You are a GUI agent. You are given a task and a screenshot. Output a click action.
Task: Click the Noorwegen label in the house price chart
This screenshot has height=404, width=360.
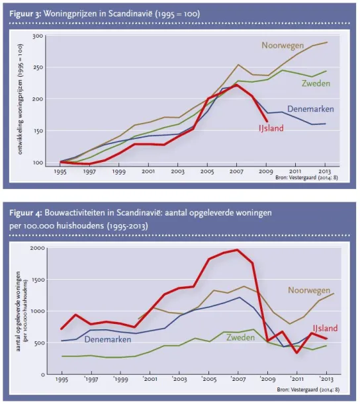click(x=283, y=46)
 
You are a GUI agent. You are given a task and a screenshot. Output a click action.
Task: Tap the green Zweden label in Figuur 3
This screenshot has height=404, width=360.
click(x=316, y=83)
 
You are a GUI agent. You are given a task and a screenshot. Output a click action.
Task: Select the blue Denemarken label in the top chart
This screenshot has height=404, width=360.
click(x=310, y=109)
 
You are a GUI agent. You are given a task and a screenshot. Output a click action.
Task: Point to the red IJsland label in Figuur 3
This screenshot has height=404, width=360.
click(x=271, y=128)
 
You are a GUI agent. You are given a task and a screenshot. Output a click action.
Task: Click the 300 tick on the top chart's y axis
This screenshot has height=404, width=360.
click(x=38, y=36)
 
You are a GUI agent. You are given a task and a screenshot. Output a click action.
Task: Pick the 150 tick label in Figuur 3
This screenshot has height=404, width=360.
click(x=38, y=131)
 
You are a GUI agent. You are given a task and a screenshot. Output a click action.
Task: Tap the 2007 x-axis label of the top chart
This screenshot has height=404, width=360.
click(x=236, y=171)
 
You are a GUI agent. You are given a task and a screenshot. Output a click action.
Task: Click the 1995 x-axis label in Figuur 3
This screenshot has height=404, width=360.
click(x=60, y=171)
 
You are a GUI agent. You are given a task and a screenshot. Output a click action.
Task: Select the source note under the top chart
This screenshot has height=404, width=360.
click(x=306, y=177)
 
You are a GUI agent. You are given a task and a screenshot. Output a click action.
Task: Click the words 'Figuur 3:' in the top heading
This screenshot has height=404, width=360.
click(x=25, y=14)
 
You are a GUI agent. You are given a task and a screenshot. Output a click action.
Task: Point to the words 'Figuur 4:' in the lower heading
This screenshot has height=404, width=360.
click(x=25, y=213)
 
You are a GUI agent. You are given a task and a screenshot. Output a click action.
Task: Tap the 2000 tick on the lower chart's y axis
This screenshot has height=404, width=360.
click(x=38, y=248)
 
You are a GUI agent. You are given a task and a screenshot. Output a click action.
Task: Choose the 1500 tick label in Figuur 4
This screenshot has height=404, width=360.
click(x=38, y=280)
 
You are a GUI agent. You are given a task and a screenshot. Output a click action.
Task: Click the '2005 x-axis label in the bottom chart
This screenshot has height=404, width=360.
click(x=209, y=379)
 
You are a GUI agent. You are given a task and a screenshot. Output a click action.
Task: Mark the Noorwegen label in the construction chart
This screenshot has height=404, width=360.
click(x=309, y=290)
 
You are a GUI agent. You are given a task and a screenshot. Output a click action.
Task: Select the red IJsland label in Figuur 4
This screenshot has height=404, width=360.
click(x=325, y=328)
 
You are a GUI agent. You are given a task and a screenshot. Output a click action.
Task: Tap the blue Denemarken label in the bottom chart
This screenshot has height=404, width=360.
click(x=108, y=339)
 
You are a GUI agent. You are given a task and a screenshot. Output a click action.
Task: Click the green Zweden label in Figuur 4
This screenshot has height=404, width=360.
click(x=240, y=337)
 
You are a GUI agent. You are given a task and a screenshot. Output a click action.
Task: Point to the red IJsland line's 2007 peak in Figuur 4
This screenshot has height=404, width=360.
click(x=238, y=250)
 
